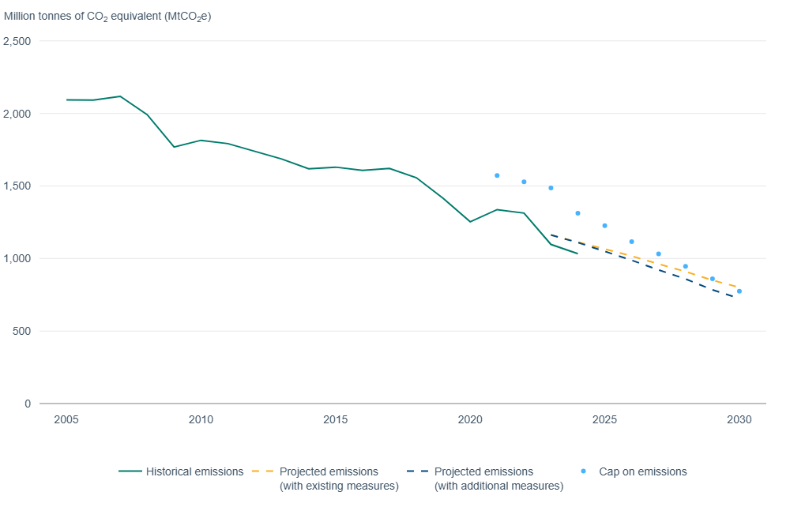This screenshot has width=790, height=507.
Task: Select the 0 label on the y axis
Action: pyautogui.click(x=27, y=404)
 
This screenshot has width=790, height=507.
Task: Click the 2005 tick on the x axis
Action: pyautogui.click(x=66, y=419)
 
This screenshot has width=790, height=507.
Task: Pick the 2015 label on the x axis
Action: pyautogui.click(x=336, y=419)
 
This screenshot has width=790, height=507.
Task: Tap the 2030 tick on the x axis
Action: pyautogui.click(x=739, y=419)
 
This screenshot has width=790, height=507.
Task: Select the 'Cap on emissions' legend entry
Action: pyautogui.click(x=642, y=471)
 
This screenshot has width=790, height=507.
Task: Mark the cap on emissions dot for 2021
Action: pyautogui.click(x=497, y=175)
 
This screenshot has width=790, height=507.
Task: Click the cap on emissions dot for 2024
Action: pyautogui.click(x=577, y=213)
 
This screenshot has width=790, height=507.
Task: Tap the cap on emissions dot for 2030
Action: pyautogui.click(x=739, y=291)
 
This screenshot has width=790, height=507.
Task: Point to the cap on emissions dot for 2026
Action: pyautogui.click(x=631, y=242)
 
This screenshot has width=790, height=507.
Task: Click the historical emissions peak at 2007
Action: pyautogui.click(x=120, y=96)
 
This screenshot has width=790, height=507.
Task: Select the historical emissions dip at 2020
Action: pyautogui.click(x=470, y=222)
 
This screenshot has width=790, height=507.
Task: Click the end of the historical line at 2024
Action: pyautogui.click(x=577, y=253)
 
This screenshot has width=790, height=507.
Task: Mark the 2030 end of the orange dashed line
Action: pyautogui.click(x=738, y=287)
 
